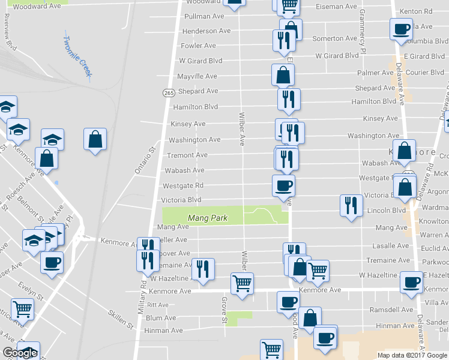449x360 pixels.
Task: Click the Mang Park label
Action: (207, 218)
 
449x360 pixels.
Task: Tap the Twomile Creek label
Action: (77, 56)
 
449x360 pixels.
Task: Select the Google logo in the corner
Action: (19, 353)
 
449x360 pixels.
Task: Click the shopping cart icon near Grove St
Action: (242, 283)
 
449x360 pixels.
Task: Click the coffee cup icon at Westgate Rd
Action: (283, 185)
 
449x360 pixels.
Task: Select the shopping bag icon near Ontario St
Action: (95, 140)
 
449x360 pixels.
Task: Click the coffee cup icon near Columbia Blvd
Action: (401, 29)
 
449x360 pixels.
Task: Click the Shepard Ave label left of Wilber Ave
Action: (198, 91)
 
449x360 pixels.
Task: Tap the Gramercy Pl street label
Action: (363, 29)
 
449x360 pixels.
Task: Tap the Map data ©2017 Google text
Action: (412, 355)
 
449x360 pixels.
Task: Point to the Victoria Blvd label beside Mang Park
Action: (181, 200)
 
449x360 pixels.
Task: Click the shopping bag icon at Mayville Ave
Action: (283, 76)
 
